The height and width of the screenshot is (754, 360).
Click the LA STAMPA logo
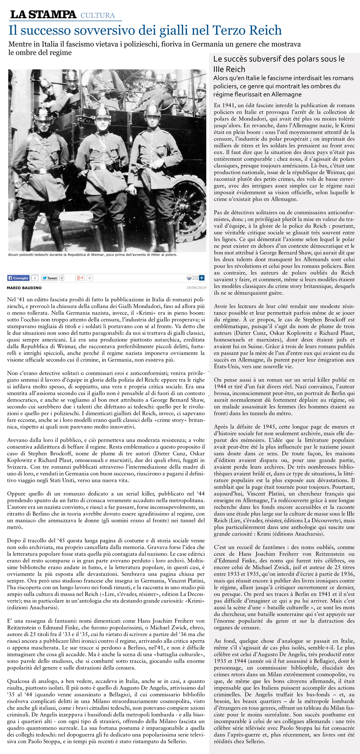(x=43, y=15)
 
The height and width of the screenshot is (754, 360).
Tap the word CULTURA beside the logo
(x=98, y=15)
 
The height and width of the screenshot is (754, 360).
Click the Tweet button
(x=49, y=278)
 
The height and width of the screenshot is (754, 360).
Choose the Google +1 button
(x=80, y=278)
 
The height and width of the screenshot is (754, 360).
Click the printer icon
(x=189, y=278)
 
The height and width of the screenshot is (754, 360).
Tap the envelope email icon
(x=195, y=278)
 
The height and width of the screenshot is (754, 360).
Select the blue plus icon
(x=202, y=278)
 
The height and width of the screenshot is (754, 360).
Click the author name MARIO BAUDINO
(x=24, y=288)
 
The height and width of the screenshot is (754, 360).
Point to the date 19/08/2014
(x=196, y=288)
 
